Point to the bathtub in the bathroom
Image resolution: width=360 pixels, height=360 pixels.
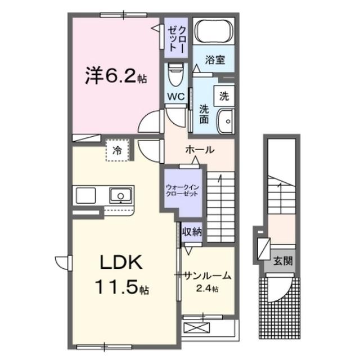coord(212,31)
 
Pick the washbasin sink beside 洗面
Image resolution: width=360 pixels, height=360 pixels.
coord(226,119)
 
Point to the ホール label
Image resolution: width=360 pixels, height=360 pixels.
coord(200,150)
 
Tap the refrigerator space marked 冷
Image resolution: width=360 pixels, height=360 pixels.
coord(117,150)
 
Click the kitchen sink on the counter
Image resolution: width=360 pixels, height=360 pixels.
coord(120,195)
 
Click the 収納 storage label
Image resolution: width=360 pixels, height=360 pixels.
coord(191,230)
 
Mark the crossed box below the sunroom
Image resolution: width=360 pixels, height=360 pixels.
coord(196,328)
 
